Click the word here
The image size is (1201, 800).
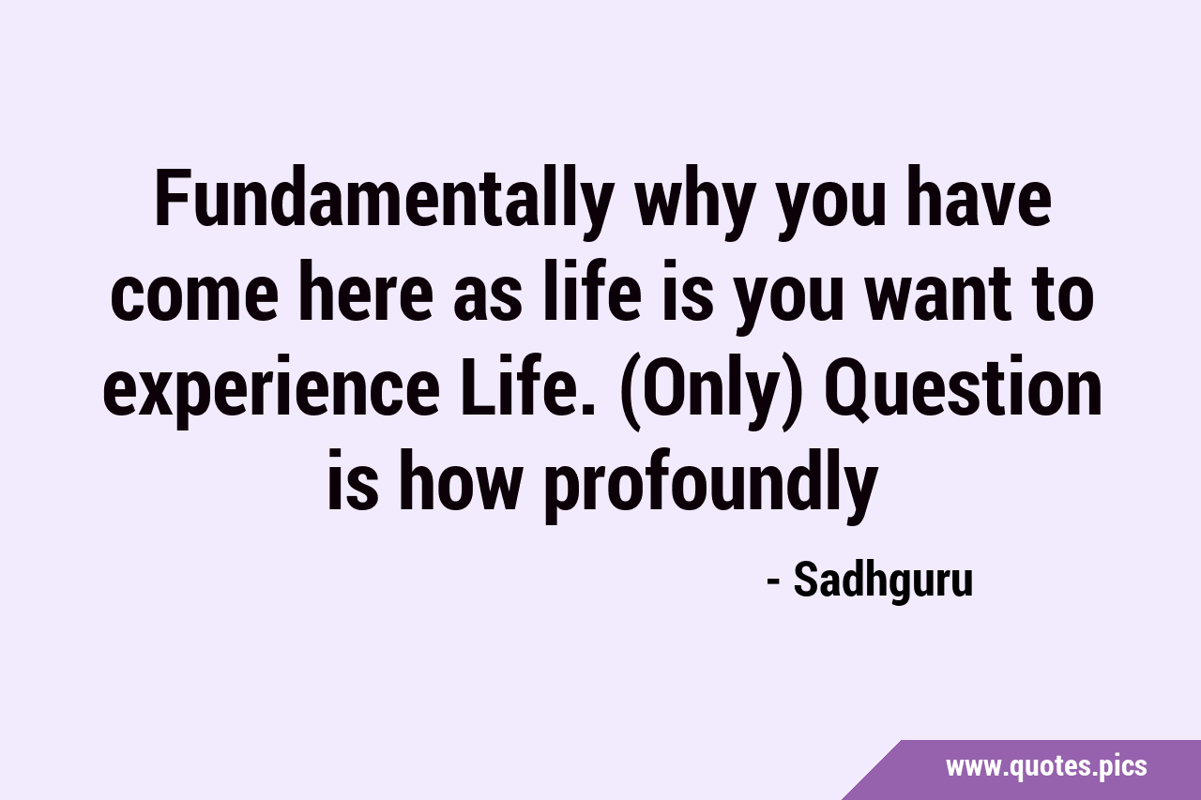pos(364,293)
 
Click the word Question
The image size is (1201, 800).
pos(963,389)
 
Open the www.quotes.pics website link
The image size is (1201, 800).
pos(1046,767)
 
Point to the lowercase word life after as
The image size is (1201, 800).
pos(591,293)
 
